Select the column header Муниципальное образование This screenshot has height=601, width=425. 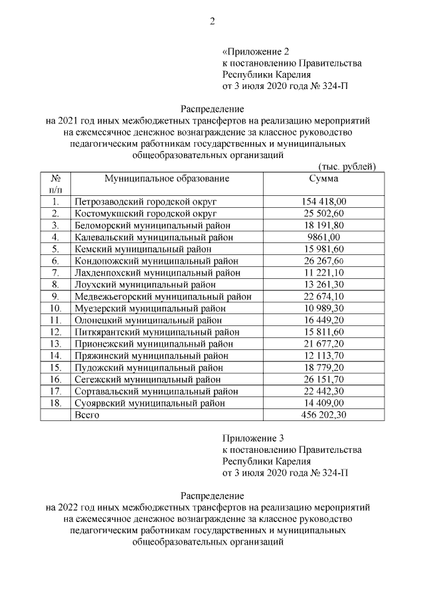pos(167,179)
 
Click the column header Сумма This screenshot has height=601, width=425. pos(323,179)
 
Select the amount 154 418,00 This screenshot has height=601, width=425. pos(324,201)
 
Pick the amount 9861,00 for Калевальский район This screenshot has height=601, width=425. pos(324,237)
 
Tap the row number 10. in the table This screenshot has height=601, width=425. pos(56,308)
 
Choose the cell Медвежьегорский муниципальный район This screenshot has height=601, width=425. pos(161,296)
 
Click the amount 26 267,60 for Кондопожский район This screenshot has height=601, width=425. pos(324,260)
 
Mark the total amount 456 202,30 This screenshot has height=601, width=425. pos(324,414)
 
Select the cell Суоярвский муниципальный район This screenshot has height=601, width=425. pos(150,402)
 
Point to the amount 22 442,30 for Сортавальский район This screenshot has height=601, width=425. pos(324,391)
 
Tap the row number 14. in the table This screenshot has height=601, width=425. pos(56,355)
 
